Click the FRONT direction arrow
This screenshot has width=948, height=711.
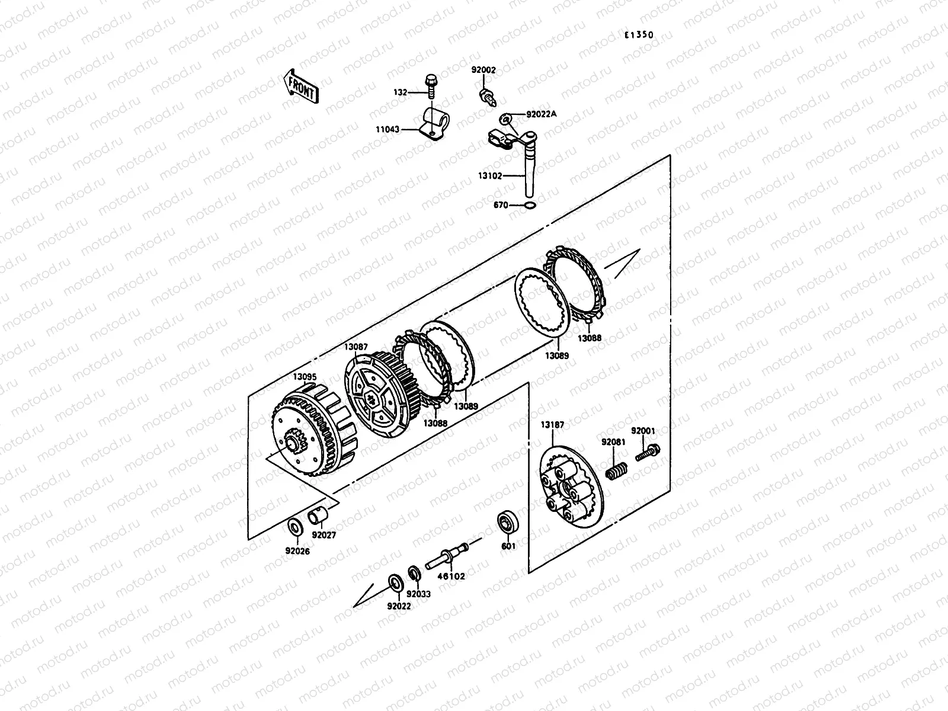point(302,86)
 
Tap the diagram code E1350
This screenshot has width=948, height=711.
point(638,35)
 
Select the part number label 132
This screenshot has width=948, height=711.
point(400,92)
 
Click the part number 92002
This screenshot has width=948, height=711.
point(483,70)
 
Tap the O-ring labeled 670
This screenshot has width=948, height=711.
point(531,205)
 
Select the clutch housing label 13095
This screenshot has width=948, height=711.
point(305,376)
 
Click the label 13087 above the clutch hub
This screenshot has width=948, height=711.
point(356,347)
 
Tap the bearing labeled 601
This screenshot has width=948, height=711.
point(508,521)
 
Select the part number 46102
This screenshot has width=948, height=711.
point(451,576)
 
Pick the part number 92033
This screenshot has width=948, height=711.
point(418,594)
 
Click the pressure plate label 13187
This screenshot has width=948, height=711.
point(552,425)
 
